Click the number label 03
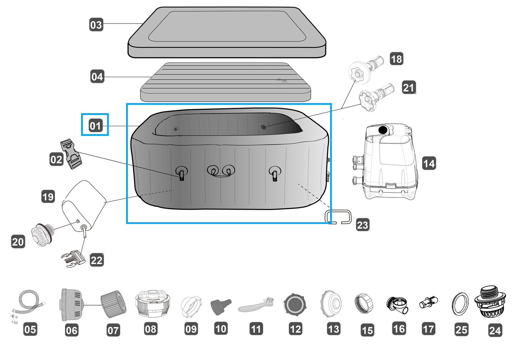point(96,25)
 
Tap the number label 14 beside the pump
point(429,164)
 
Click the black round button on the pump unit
point(383,130)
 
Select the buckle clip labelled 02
point(71,154)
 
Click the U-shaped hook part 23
point(338,217)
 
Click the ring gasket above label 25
point(460,304)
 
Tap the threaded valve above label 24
point(490,302)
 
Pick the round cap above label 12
point(294,304)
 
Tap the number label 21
point(409,87)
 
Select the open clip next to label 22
point(73,259)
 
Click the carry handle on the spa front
point(221,171)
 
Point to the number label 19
point(48,196)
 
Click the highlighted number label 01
point(95,125)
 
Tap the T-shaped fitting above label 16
point(397,305)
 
